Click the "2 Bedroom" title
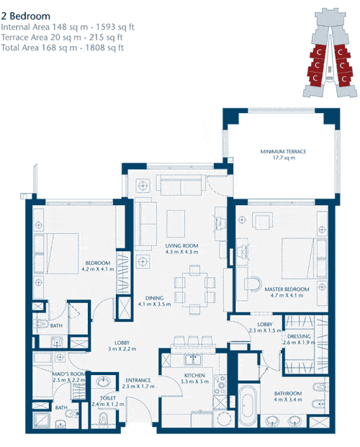[26, 16]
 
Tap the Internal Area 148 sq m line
[68, 27]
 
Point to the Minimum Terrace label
[283, 154]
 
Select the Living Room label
[181, 248]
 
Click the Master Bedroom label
[287, 292]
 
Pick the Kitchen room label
[194, 379]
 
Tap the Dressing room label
[299, 339]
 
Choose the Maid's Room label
[68, 377]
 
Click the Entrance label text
[138, 383]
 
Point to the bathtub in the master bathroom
[248, 406]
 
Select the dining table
[195, 289]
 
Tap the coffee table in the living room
[176, 223]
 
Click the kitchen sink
[194, 359]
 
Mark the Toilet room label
[108, 401]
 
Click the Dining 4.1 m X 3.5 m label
[154, 301]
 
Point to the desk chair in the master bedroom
[253, 284]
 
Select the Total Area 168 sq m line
[62, 48]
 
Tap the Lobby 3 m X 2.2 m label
[122, 346]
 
